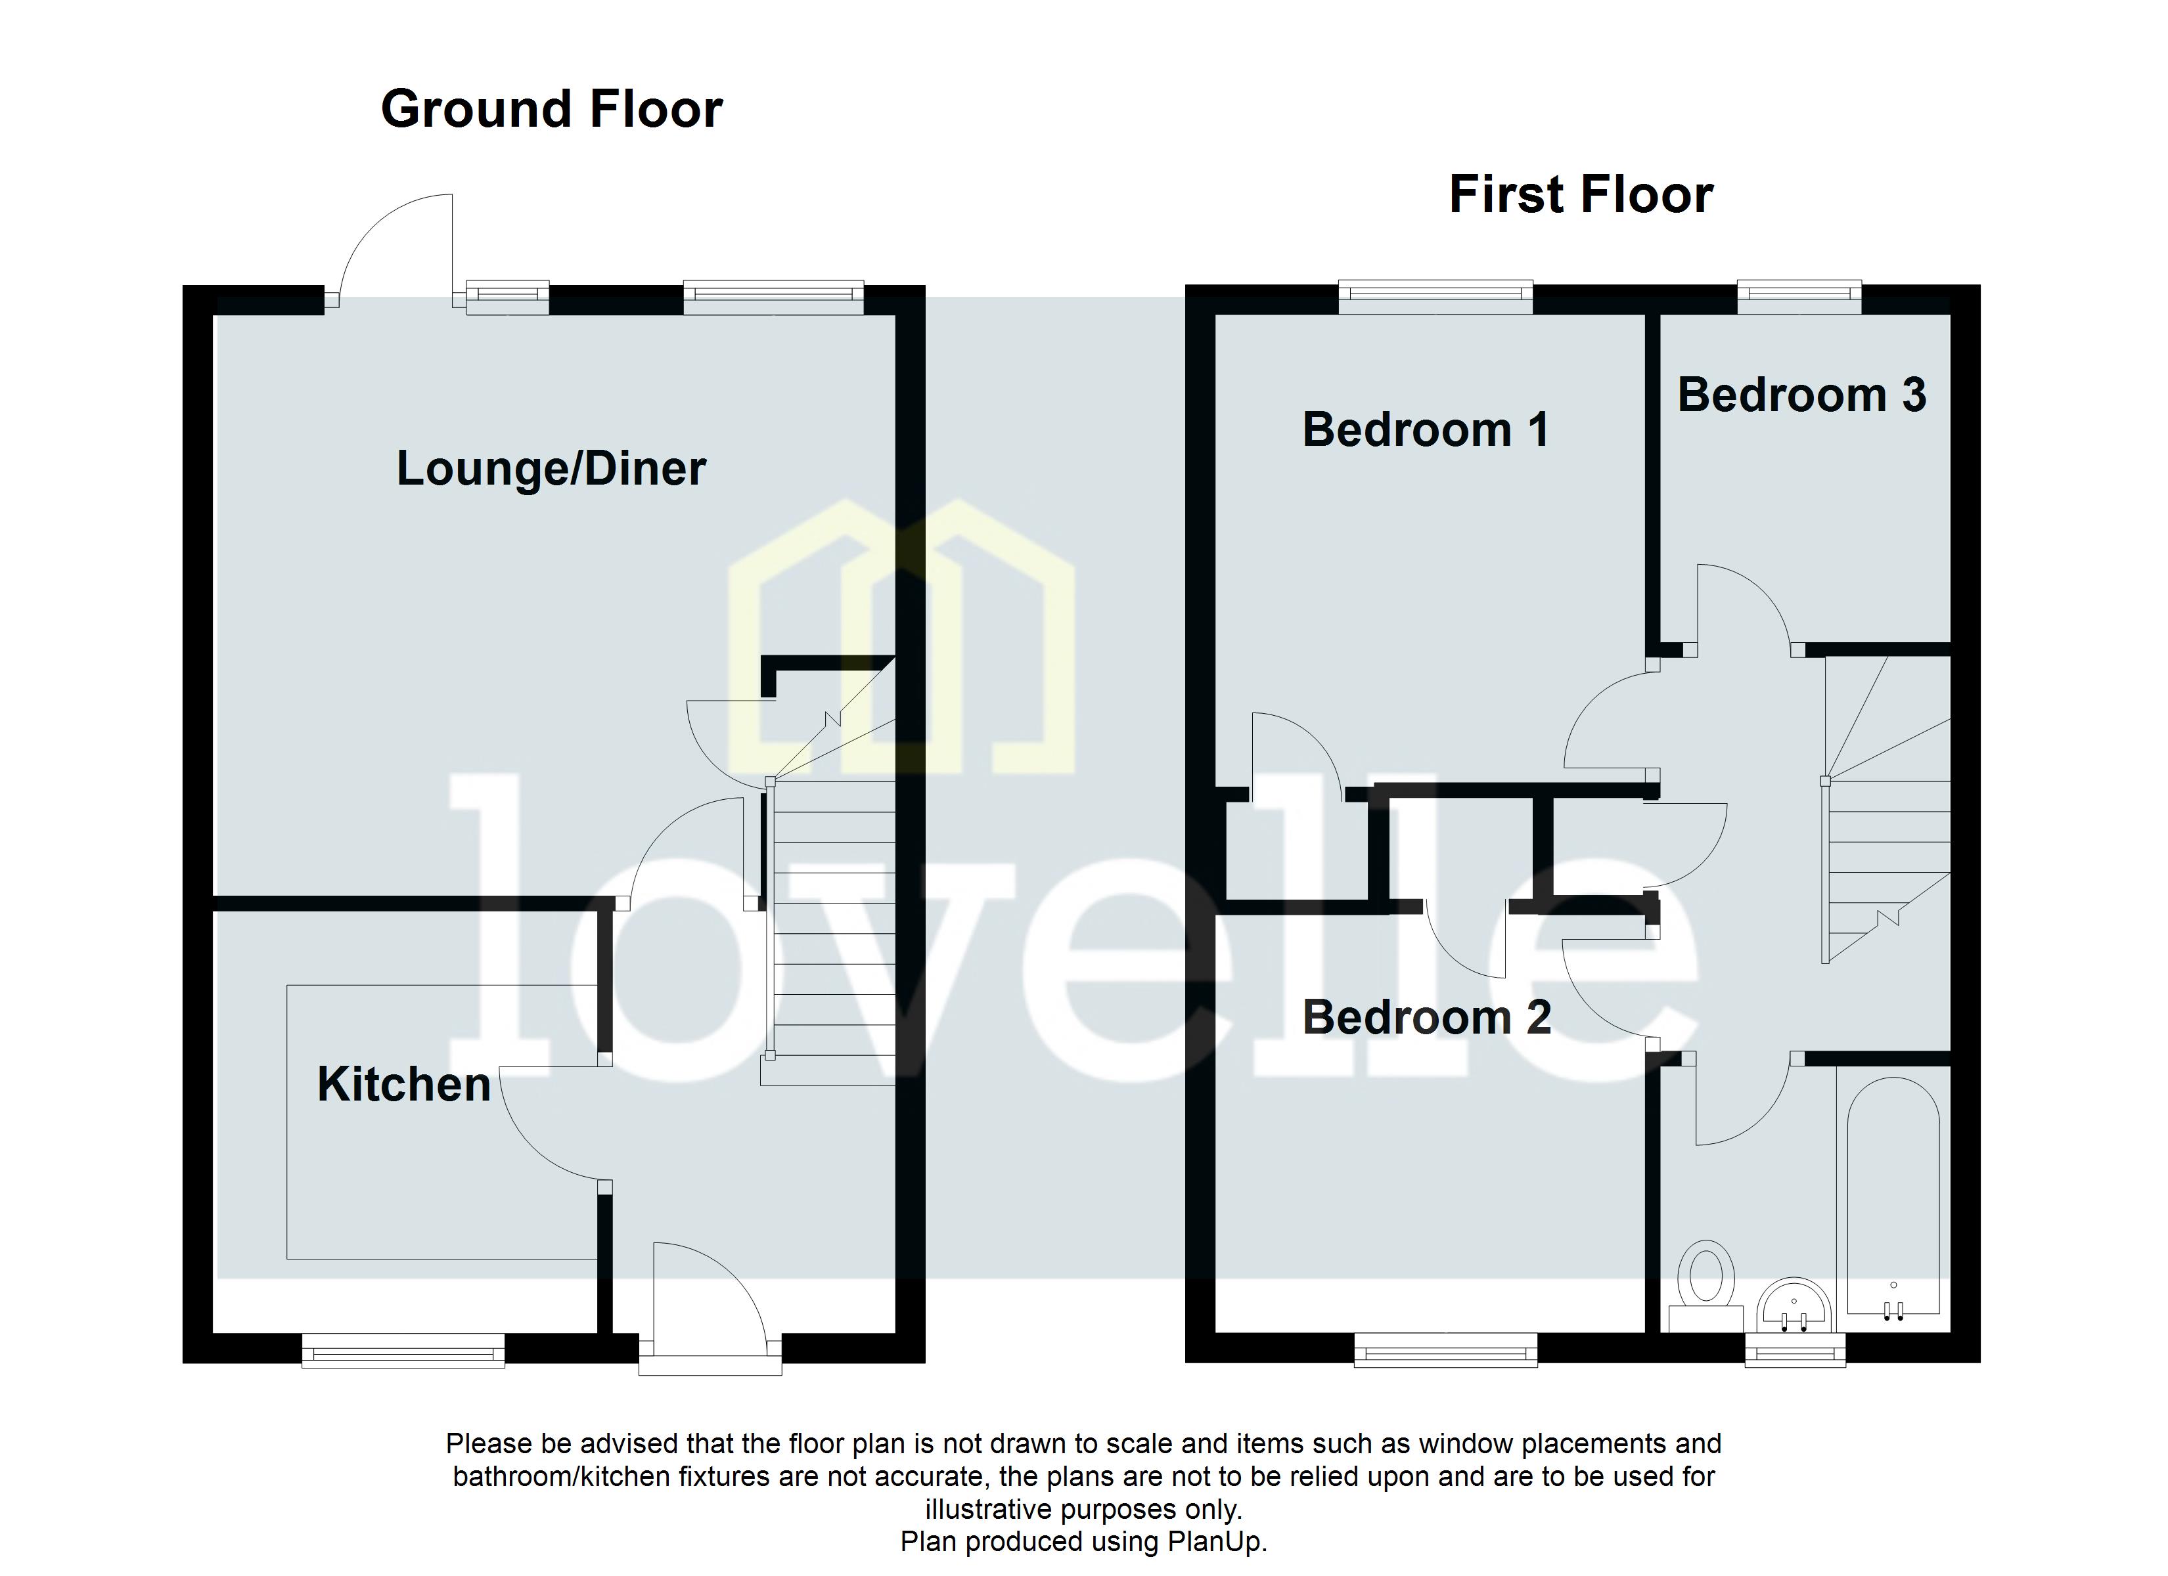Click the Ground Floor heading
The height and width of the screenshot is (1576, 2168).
(x=552, y=110)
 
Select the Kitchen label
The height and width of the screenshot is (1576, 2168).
(x=403, y=1085)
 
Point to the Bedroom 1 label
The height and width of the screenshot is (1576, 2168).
(x=1424, y=430)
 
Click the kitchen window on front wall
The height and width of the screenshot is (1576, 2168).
(x=403, y=1351)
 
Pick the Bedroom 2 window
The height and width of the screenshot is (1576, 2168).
(x=1445, y=1351)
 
